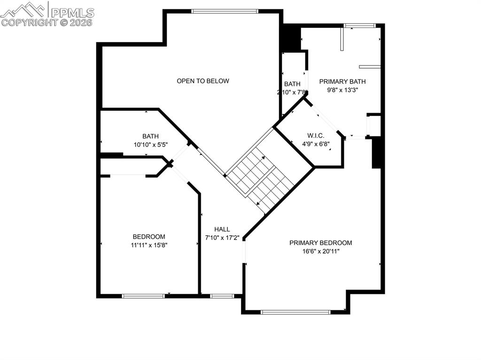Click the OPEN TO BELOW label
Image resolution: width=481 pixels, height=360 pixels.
pos(203,81)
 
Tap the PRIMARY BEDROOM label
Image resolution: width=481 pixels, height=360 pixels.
pos(320,243)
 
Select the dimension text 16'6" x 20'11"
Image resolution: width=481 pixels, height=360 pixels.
pos(320,251)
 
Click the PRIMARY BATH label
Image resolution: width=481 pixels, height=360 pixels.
pos(342,81)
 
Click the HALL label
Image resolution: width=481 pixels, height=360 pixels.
pos(222,229)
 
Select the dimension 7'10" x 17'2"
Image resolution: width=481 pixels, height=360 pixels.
pos(222,237)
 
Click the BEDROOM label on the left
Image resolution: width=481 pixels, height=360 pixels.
pos(149,237)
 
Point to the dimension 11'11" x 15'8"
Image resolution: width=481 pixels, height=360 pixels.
pos(149,245)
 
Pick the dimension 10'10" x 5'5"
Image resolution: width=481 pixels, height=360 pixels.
pos(150,145)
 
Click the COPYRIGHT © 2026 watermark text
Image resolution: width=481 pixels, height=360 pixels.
pos(47,22)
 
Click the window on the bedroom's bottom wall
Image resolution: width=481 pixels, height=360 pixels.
pos(143,296)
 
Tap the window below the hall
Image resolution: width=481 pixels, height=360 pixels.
pos(222,296)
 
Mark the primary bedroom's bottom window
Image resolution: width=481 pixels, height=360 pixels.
pos(295,312)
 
